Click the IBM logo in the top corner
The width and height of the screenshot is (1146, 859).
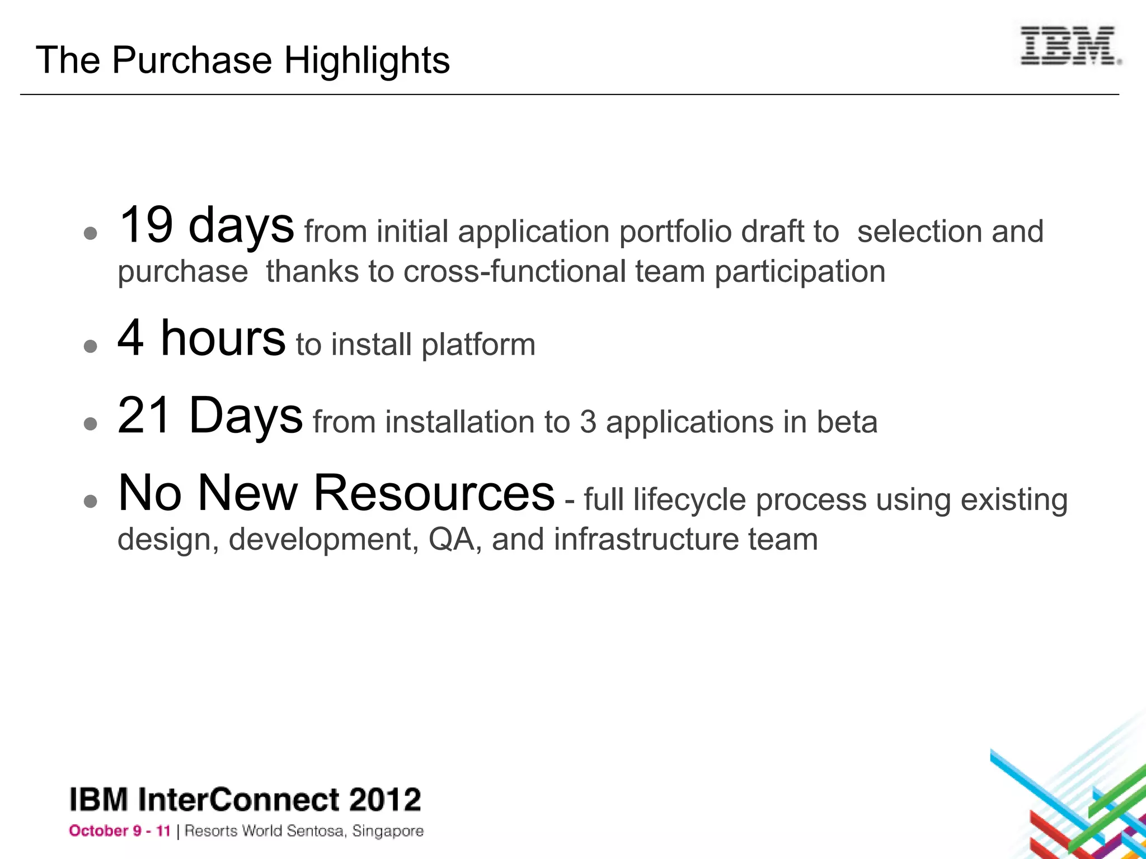pyautogui.click(x=1070, y=46)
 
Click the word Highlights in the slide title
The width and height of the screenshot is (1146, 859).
pyautogui.click(x=367, y=60)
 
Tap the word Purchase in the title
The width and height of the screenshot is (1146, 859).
pyautogui.click(x=191, y=60)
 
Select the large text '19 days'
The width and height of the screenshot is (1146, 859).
pyautogui.click(x=206, y=226)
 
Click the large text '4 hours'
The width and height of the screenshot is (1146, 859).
pyautogui.click(x=201, y=338)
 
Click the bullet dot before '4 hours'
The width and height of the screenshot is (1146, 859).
pyautogui.click(x=90, y=347)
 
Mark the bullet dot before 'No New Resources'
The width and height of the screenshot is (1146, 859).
pyautogui.click(x=90, y=501)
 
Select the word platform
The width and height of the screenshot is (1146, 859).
pyautogui.click(x=478, y=345)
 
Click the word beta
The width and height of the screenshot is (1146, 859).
pyautogui.click(x=847, y=422)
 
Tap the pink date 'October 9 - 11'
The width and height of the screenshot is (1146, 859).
pyautogui.click(x=119, y=831)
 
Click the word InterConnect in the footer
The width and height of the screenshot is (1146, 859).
pyautogui.click(x=238, y=800)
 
